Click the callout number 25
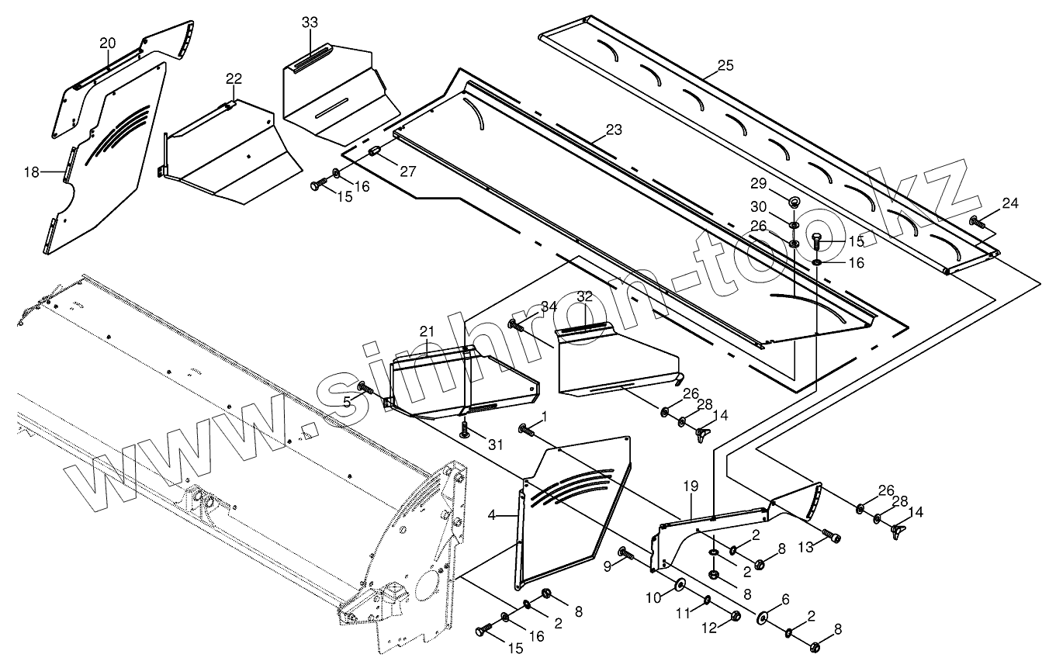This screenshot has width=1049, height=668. click(x=725, y=65)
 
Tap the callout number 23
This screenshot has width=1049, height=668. click(x=614, y=130)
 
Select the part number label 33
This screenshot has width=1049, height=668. click(x=310, y=22)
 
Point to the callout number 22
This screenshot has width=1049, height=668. click(x=234, y=78)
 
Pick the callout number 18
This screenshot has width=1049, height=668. click(x=31, y=172)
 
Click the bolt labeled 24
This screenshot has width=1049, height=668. click(x=978, y=223)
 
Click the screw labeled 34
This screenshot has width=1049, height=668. click(x=514, y=324)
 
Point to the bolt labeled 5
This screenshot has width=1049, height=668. click(x=364, y=387)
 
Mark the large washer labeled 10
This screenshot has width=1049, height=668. click(x=680, y=584)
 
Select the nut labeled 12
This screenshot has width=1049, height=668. click(x=735, y=617)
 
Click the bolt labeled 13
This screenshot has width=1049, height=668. click(x=831, y=535)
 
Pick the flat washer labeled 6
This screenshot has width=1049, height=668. click(x=761, y=616)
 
